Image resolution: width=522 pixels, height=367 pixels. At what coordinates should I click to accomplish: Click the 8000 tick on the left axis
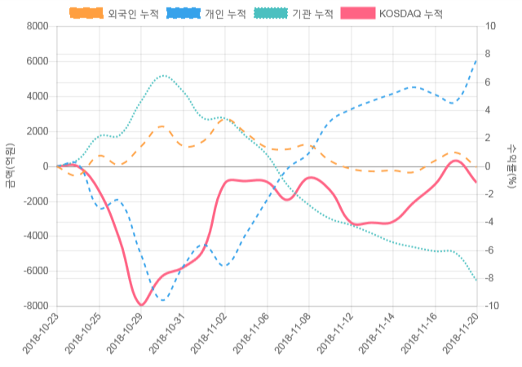37,27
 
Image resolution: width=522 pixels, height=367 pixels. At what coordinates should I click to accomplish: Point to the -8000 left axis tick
35,306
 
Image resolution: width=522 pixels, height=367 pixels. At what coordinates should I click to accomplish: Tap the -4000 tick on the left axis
35,237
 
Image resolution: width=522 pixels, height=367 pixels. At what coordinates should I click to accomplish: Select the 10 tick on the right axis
490,27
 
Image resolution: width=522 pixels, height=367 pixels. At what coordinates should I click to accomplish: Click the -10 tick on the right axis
492,306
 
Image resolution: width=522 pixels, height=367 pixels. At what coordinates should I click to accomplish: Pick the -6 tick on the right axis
489,250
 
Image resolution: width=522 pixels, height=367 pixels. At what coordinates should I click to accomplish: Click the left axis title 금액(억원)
10,166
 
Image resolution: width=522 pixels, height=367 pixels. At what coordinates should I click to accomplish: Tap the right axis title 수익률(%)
511,166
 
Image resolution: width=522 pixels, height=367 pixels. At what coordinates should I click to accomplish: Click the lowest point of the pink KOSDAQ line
142,305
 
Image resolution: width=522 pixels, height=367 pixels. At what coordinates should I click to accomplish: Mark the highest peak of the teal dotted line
163,76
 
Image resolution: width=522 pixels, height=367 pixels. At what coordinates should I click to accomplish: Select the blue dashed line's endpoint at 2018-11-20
477,59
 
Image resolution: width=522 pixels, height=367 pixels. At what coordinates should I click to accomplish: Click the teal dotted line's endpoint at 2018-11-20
477,281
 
